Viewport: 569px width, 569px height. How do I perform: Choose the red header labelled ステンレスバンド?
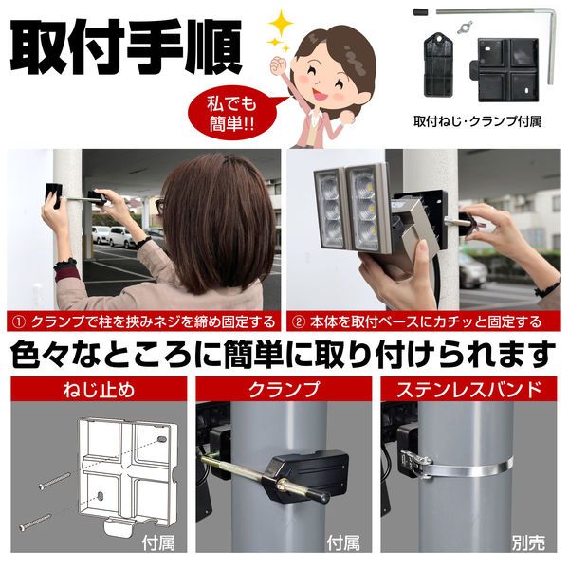coord(470,389)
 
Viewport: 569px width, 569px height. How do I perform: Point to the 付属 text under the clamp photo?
coord(342,544)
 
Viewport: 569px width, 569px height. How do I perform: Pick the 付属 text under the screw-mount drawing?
coord(156,544)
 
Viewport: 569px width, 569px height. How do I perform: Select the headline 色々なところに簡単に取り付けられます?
coord(284,355)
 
